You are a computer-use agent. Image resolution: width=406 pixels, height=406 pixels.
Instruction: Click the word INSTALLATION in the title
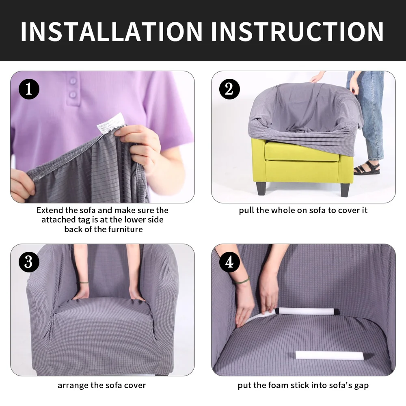point(112,32)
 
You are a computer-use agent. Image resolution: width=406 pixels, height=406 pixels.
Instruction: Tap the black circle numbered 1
point(29,89)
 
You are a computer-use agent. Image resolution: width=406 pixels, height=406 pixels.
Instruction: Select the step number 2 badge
point(229,89)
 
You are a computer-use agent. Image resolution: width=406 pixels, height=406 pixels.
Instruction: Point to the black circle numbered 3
point(29,262)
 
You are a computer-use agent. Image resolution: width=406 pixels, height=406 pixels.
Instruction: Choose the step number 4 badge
point(229,262)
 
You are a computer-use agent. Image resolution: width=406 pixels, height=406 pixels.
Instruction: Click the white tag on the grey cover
point(111,122)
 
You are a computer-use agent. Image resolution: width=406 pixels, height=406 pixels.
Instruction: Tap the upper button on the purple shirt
point(73,81)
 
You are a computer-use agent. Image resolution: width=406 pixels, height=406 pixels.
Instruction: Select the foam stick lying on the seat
point(329,355)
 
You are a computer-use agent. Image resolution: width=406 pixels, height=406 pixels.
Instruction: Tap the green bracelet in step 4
point(241,281)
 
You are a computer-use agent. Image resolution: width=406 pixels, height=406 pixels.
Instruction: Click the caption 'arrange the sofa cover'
point(101,385)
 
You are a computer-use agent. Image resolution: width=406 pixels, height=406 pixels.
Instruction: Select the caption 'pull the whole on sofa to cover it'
point(303,210)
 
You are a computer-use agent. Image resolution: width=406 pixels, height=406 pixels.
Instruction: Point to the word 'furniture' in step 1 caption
point(125,229)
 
